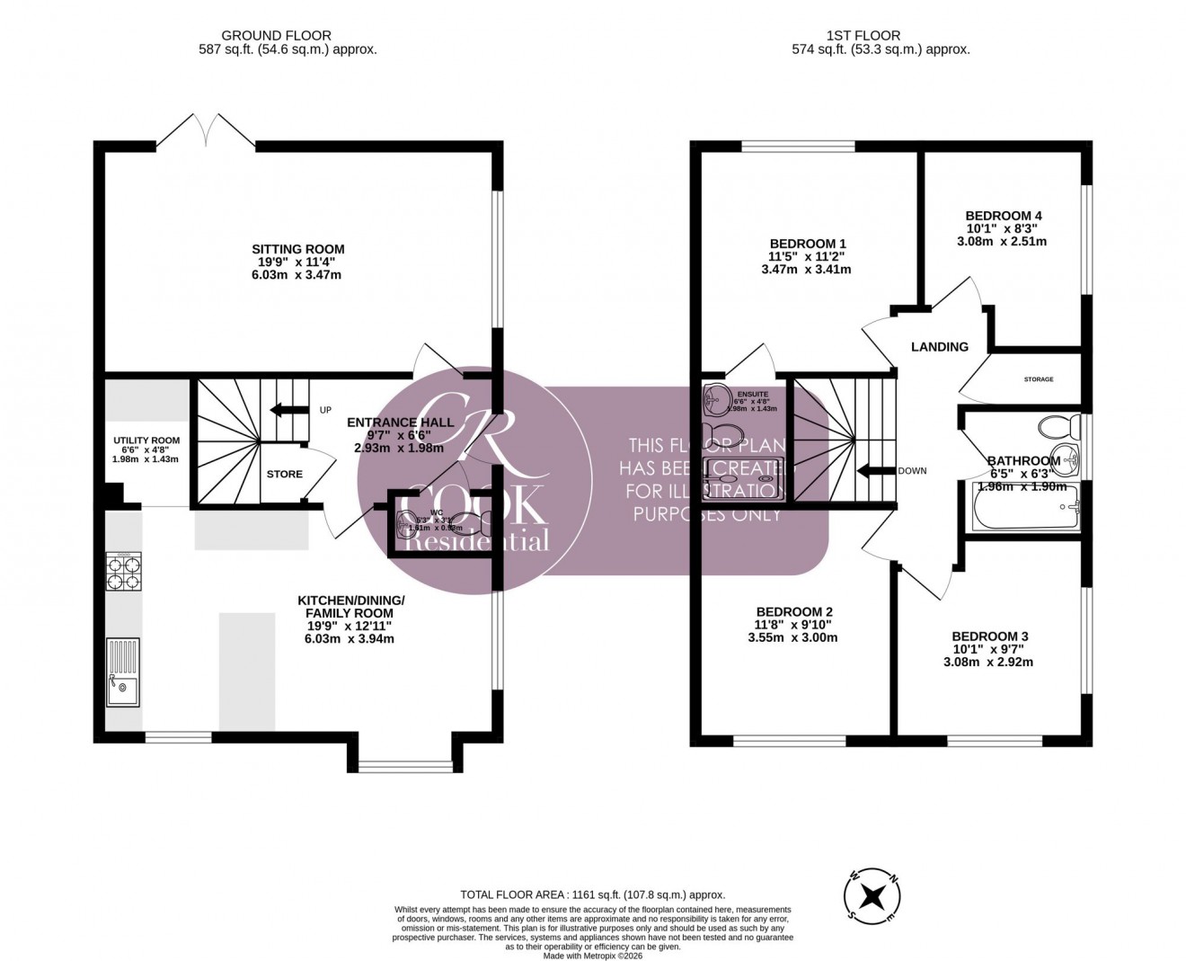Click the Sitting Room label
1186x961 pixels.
(297, 249)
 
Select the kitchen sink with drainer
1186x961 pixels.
(122, 672)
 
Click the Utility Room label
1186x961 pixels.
(146, 440)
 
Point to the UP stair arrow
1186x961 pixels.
(284, 411)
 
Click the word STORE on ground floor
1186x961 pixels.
(284, 474)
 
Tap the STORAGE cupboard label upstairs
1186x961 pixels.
(1039, 379)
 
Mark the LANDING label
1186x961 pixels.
(940, 346)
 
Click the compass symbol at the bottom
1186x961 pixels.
(871, 895)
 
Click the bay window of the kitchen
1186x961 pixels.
(405, 767)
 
